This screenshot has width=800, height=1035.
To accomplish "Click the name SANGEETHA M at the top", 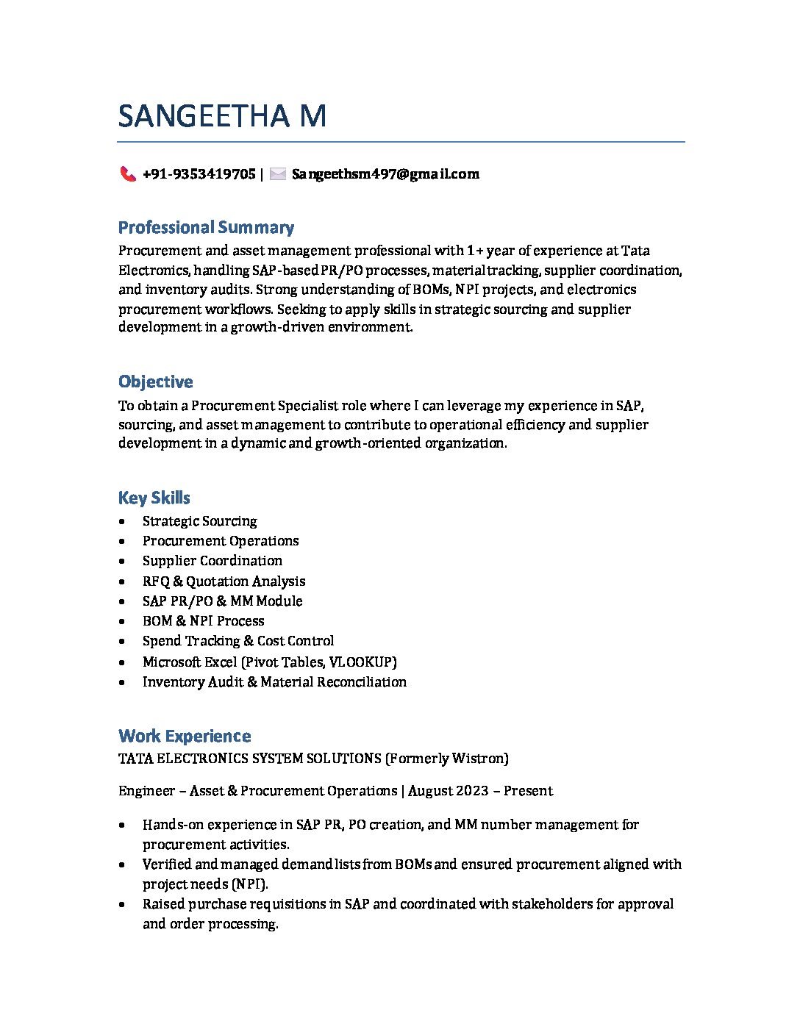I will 222,116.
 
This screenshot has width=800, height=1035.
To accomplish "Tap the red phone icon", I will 128,174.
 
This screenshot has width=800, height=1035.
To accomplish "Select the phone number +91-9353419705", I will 199,174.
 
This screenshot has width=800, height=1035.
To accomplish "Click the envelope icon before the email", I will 278,174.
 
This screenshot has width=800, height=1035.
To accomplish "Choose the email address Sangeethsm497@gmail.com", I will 385,174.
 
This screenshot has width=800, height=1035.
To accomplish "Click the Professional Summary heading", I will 206,227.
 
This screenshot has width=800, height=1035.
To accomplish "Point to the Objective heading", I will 155,382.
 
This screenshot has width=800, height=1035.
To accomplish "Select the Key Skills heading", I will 154,498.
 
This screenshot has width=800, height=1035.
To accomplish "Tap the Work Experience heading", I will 185,736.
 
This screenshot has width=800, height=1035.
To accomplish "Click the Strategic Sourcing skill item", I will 199,521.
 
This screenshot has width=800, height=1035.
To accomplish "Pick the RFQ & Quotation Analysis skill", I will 224,581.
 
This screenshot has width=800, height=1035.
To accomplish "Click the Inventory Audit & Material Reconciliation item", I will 274,682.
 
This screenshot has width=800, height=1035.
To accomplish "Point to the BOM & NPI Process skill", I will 203,621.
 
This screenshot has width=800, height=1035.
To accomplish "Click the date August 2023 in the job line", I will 448,791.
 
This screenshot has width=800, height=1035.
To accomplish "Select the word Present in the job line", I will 528,791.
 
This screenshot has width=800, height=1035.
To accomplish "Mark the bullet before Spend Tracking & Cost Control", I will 121,642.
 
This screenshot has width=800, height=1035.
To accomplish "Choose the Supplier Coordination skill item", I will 212,561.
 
